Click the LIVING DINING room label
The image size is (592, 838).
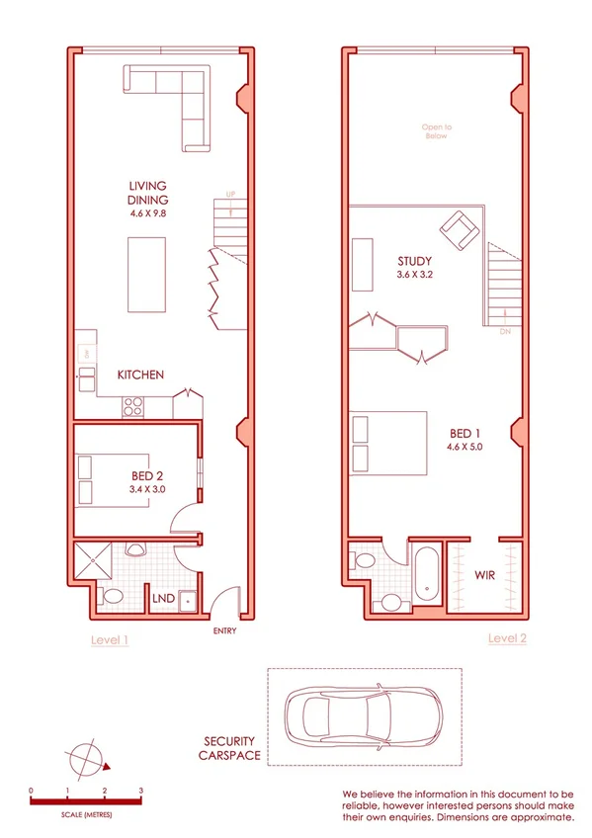pyautogui.click(x=147, y=192)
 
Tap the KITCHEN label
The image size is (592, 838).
pyautogui.click(x=140, y=376)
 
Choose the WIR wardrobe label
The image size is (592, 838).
pyautogui.click(x=484, y=574)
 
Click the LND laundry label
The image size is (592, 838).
pyautogui.click(x=162, y=597)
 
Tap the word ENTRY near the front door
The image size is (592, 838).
pyautogui.click(x=222, y=630)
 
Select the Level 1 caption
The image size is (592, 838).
pyautogui.click(x=110, y=640)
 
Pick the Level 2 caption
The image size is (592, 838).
pyautogui.click(x=507, y=639)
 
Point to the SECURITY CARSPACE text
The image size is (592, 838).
pyautogui.click(x=231, y=748)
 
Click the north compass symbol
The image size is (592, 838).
pyautogui.click(x=87, y=759)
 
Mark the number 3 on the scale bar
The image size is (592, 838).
pyautogui.click(x=141, y=791)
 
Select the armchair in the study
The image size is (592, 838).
pyautogui.click(x=461, y=230)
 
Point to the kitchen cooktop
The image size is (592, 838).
pyautogui.click(x=132, y=404)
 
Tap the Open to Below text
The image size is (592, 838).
pyautogui.click(x=435, y=131)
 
